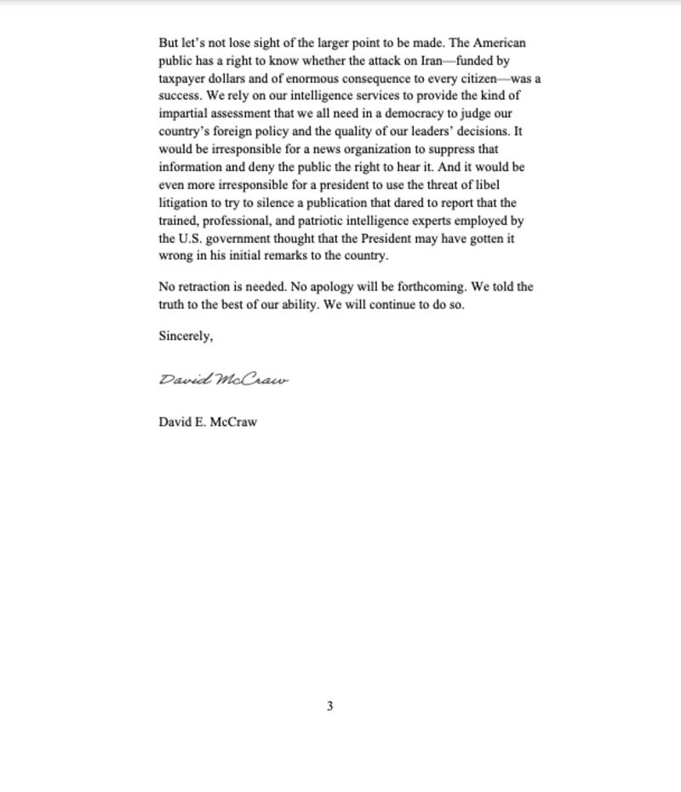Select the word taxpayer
click(182, 78)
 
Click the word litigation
click(184, 203)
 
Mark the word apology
click(329, 287)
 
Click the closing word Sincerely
click(186, 336)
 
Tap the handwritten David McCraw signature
click(224, 380)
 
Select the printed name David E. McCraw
click(208, 422)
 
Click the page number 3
click(329, 706)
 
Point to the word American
click(499, 43)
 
